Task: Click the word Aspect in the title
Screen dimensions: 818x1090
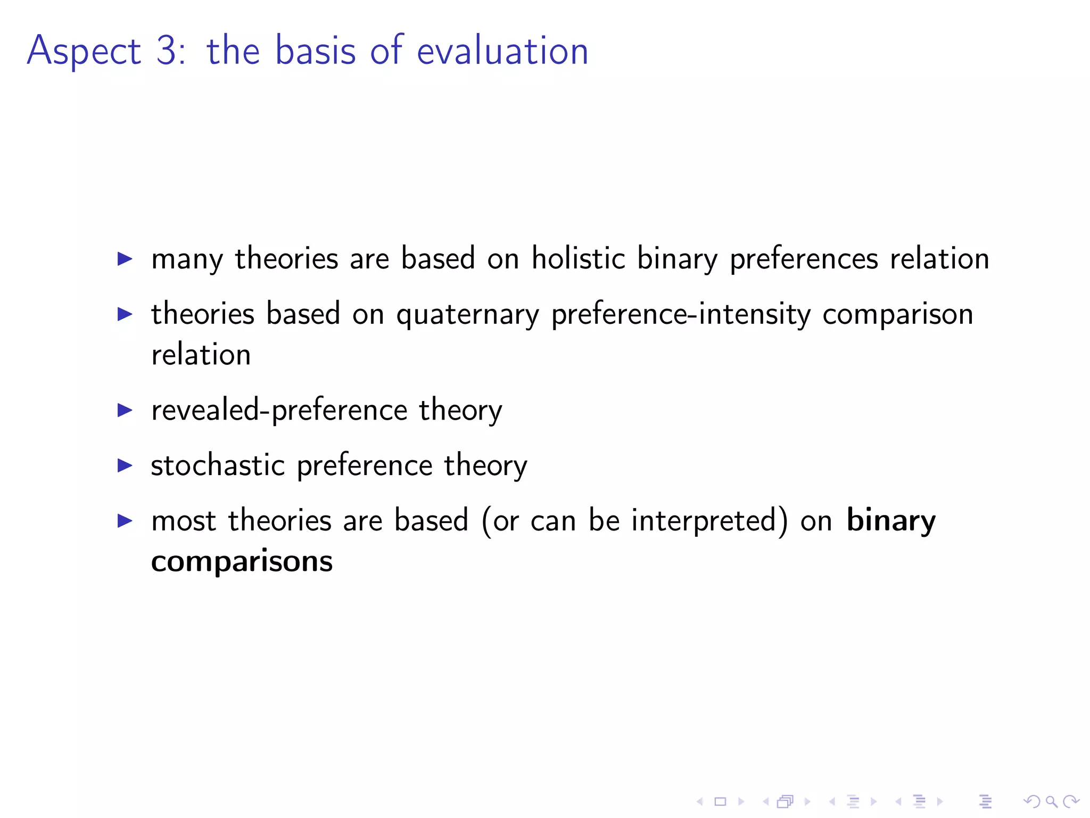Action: coord(84,52)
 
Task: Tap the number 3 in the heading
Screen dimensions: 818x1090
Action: coord(167,51)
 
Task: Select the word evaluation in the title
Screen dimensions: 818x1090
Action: coord(502,51)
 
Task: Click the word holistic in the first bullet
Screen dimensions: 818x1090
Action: coord(579,258)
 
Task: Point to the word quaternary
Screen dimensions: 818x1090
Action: coord(467,315)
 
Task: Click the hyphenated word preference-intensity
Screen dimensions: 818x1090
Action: coord(681,315)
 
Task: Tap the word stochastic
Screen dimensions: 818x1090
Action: coord(218,465)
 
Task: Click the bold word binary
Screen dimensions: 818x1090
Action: coord(890,521)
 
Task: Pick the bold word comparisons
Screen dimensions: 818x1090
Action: coord(242,562)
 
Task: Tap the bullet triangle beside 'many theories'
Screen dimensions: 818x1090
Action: coord(125,259)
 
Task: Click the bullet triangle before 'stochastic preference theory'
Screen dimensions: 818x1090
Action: coord(125,465)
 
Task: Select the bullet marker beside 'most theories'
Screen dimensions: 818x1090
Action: coord(125,521)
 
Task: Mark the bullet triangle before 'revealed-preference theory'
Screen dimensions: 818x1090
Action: coord(125,410)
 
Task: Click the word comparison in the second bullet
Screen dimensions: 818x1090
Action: coord(898,315)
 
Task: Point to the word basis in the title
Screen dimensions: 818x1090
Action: coord(315,51)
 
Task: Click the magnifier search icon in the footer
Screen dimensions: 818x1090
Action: coord(1051,801)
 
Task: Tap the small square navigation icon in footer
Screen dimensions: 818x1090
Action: coord(720,801)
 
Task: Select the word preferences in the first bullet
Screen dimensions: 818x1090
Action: coord(804,259)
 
